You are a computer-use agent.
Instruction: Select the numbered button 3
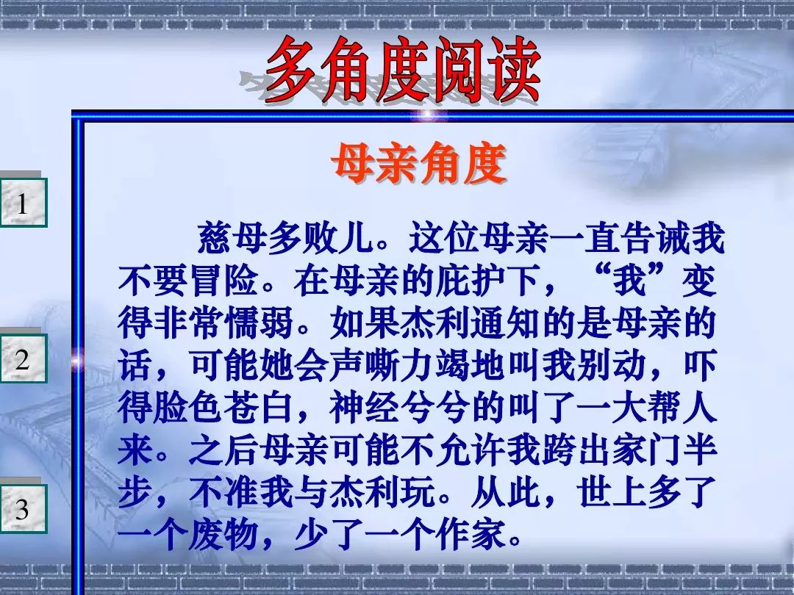[23, 508]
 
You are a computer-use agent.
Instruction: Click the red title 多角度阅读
[403, 70]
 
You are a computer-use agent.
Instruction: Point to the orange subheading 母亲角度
[419, 163]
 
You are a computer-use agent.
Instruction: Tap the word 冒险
[223, 281]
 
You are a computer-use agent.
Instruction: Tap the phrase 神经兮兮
[400, 407]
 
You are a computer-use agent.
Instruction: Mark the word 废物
[223, 535]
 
